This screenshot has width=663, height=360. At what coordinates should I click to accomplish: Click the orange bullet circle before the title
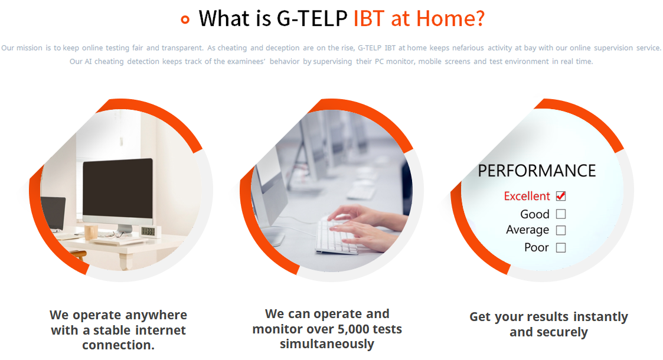(x=185, y=19)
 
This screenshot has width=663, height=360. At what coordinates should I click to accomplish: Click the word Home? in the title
(x=450, y=19)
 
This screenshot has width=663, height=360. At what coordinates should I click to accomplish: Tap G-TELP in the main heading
(x=312, y=19)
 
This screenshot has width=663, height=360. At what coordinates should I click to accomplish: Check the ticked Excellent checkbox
(x=561, y=196)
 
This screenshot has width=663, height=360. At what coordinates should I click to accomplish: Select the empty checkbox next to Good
(x=561, y=214)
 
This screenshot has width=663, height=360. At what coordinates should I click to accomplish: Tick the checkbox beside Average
(x=561, y=230)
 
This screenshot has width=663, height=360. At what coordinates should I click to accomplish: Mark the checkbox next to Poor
(x=561, y=248)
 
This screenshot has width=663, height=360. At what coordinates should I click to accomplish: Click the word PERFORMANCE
(x=537, y=171)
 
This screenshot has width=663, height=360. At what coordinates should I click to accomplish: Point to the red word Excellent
(x=527, y=196)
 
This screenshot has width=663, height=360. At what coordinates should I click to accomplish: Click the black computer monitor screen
(x=117, y=189)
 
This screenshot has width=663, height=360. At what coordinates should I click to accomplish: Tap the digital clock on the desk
(x=148, y=231)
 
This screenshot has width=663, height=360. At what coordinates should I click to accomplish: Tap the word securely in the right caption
(x=563, y=332)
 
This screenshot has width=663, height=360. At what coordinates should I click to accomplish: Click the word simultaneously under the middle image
(x=327, y=344)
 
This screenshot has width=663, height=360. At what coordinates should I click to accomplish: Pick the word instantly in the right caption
(x=601, y=317)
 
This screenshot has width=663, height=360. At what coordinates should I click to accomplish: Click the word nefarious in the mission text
(x=468, y=48)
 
